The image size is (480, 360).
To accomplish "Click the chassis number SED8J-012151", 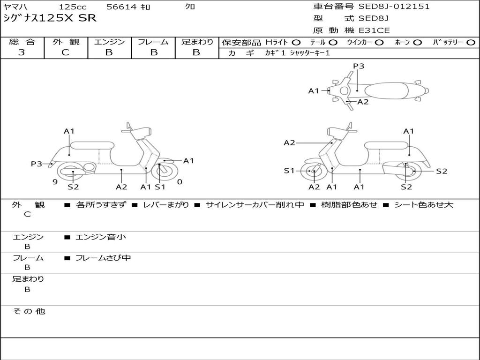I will [394, 7].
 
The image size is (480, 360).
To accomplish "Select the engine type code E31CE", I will [374, 30].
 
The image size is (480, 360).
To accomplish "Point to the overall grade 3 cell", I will [22, 52].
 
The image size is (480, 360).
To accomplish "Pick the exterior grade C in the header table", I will [65, 52].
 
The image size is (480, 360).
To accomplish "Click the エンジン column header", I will [109, 42].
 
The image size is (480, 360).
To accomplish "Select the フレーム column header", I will [153, 42].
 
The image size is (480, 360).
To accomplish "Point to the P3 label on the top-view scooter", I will [359, 66].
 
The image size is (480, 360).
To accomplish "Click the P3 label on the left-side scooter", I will [37, 164].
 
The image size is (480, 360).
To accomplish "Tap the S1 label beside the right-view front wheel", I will [289, 171].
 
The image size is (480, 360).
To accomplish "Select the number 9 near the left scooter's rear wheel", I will [55, 182].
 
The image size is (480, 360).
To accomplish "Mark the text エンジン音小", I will [100, 237].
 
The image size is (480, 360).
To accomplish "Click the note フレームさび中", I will [103, 258].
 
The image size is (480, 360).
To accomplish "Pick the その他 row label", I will [29, 311].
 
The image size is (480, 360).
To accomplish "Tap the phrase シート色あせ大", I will [423, 205].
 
